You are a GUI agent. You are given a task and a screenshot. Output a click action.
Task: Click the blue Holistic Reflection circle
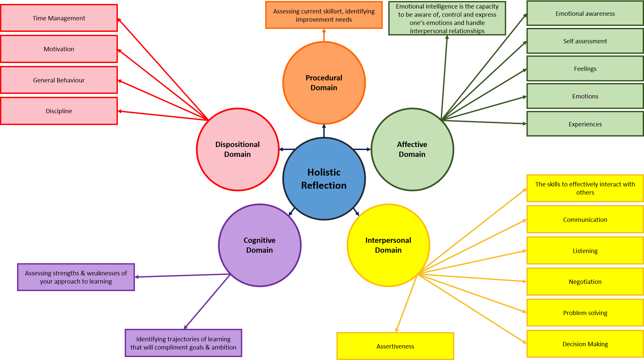324,179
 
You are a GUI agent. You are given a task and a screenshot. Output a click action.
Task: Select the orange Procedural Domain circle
324,83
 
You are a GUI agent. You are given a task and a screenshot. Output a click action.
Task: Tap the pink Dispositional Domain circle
238,149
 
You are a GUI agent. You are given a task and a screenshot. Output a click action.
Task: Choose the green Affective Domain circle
412,149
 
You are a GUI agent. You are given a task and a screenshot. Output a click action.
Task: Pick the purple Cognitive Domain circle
260,245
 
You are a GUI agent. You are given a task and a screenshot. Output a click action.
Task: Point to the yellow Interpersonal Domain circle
388,245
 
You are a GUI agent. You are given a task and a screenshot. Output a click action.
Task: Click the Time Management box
59,18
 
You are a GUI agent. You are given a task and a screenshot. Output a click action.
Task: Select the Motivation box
59,49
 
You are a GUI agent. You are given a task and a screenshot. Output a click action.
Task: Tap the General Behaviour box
59,80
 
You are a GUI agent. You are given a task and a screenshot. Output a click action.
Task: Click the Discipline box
59,111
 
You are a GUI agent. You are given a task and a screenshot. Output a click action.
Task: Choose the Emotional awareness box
585,13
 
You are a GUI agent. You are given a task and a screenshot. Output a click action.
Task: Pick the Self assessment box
585,41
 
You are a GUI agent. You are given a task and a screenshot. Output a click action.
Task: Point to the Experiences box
585,124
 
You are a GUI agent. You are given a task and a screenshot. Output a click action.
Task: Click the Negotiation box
585,282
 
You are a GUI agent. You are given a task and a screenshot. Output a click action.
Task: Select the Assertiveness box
395,346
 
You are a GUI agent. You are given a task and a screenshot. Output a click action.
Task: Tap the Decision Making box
585,344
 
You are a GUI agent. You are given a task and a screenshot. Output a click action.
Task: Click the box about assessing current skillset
324,15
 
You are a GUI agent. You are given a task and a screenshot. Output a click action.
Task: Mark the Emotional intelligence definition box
447,18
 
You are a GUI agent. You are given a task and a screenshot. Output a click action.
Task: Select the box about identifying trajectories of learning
183,343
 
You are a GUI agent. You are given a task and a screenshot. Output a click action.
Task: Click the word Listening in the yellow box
585,251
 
